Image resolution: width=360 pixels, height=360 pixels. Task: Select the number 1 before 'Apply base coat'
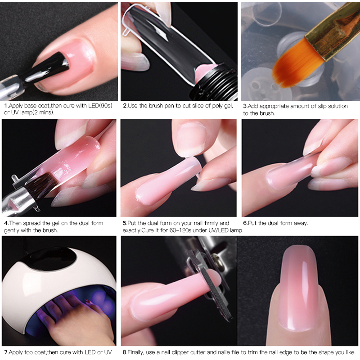point(5,106)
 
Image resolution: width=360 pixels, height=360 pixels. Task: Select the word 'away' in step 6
point(300,223)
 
